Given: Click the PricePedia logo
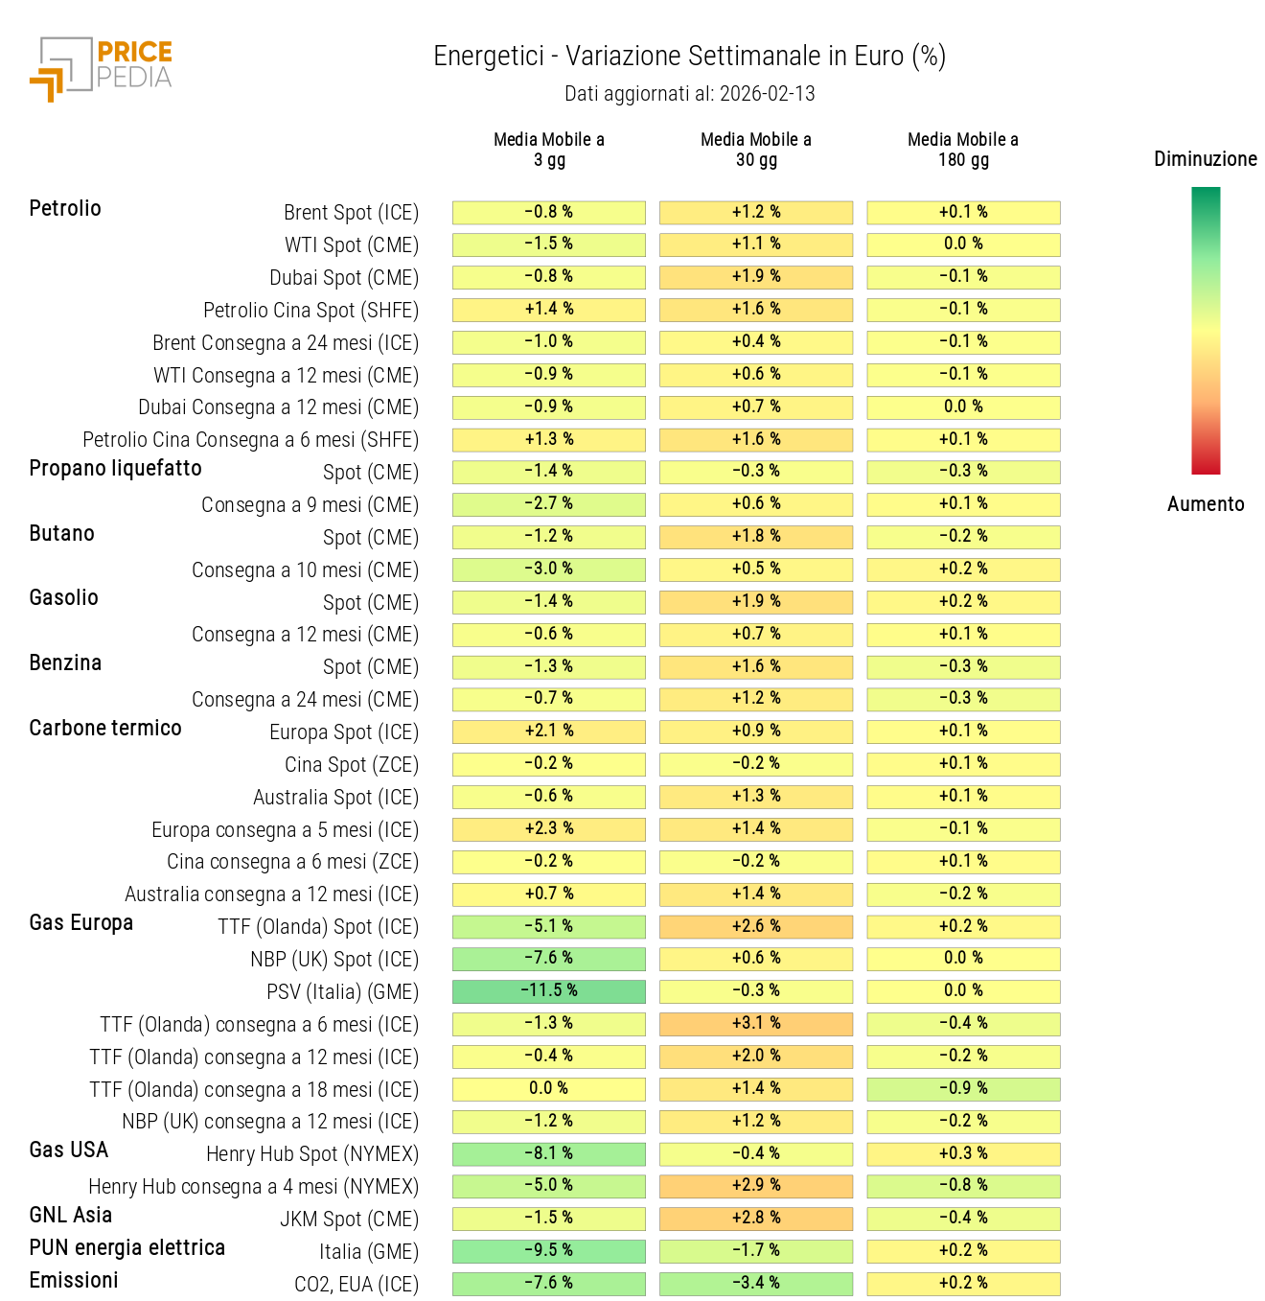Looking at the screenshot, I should pyautogui.click(x=101, y=69).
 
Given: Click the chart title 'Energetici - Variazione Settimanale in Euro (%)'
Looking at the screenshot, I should pyautogui.click(x=689, y=57).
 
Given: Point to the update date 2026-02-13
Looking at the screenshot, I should pyautogui.click(x=767, y=94).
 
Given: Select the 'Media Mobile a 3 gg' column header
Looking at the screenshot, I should pyautogui.click(x=548, y=150).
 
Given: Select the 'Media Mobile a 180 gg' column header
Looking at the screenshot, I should pyautogui.click(x=962, y=150).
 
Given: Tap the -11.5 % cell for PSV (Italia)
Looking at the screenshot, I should pyautogui.click(x=548, y=991).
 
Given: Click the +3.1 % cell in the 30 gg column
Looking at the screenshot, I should pyautogui.click(x=755, y=1024).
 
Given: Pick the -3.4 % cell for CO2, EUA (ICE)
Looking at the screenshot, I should pyautogui.click(x=755, y=1284).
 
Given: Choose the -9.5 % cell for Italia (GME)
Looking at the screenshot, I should pyautogui.click(x=548, y=1251).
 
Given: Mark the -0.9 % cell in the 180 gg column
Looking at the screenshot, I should pyautogui.click(x=962, y=1089).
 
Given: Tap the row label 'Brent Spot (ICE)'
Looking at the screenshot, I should pyautogui.click(x=351, y=213).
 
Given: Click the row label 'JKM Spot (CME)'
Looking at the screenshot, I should pyautogui.click(x=349, y=1220).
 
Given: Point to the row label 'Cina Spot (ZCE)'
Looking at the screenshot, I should pyautogui.click(x=351, y=765).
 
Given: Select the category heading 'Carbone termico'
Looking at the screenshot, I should pyautogui.click(x=105, y=729).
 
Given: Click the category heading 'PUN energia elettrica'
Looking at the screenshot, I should pyautogui.click(x=126, y=1248).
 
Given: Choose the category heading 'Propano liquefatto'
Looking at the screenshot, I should pyautogui.click(x=115, y=469).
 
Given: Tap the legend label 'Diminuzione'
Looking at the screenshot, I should pyautogui.click(x=1205, y=159).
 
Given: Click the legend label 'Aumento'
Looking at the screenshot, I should pyautogui.click(x=1205, y=504).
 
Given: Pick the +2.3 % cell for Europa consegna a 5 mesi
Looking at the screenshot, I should pyautogui.click(x=548, y=829).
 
